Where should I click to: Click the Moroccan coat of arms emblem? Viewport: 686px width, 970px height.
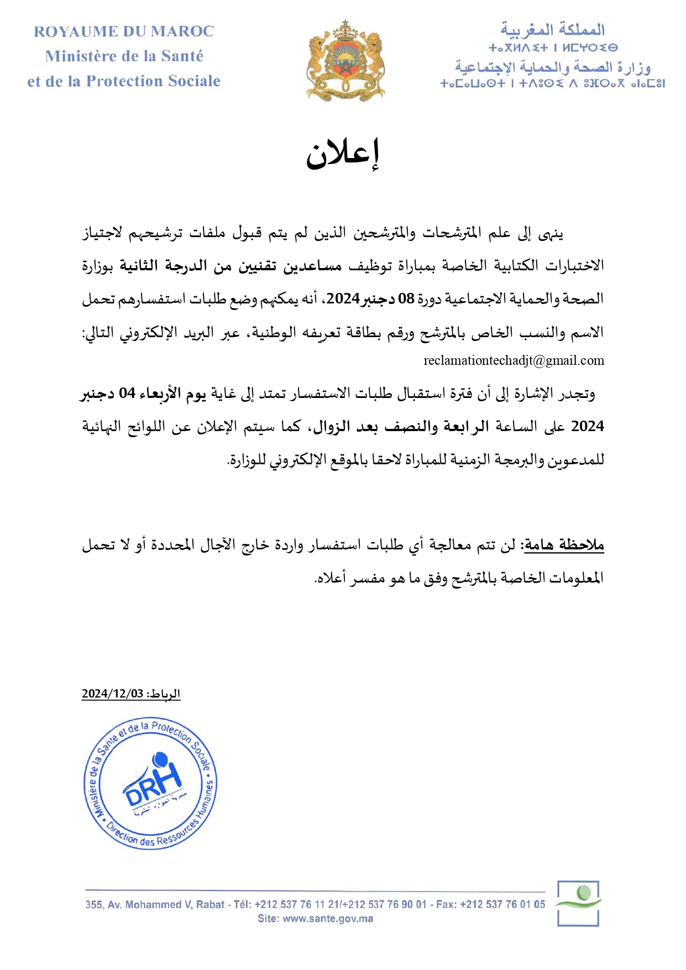(345, 60)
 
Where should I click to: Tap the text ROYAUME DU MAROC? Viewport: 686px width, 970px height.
(124, 32)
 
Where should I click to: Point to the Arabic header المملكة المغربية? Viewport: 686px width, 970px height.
(552, 29)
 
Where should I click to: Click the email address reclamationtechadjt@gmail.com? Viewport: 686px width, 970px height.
(514, 361)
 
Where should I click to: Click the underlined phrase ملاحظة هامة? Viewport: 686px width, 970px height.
(564, 545)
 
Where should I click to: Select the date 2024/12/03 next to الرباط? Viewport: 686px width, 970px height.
(112, 694)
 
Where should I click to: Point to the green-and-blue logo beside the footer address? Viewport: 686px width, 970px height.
(578, 903)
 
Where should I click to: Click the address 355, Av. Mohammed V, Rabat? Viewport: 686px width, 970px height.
(155, 904)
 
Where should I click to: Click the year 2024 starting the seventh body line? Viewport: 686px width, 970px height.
(587, 427)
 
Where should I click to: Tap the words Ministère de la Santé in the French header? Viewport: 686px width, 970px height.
(124, 56)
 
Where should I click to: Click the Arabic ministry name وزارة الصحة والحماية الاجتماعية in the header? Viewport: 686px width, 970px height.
(553, 67)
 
